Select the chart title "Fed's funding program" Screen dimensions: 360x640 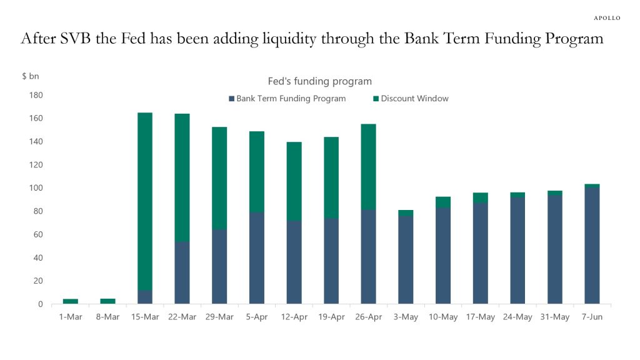click(x=319, y=81)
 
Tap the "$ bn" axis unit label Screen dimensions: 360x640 click(x=31, y=76)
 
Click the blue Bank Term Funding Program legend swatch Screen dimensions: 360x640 click(x=231, y=99)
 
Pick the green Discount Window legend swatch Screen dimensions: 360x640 click(x=376, y=99)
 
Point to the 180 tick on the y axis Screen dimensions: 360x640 click(x=35, y=95)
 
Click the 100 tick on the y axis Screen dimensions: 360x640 click(x=35, y=188)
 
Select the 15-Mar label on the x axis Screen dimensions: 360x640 click(x=144, y=317)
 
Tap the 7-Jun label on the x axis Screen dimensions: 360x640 click(x=592, y=317)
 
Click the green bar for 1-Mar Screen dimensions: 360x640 click(x=71, y=301)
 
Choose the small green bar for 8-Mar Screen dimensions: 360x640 click(x=107, y=301)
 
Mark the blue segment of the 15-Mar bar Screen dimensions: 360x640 click(x=144, y=297)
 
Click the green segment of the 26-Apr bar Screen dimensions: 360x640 click(x=368, y=166)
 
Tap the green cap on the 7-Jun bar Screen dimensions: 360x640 click(x=592, y=186)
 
